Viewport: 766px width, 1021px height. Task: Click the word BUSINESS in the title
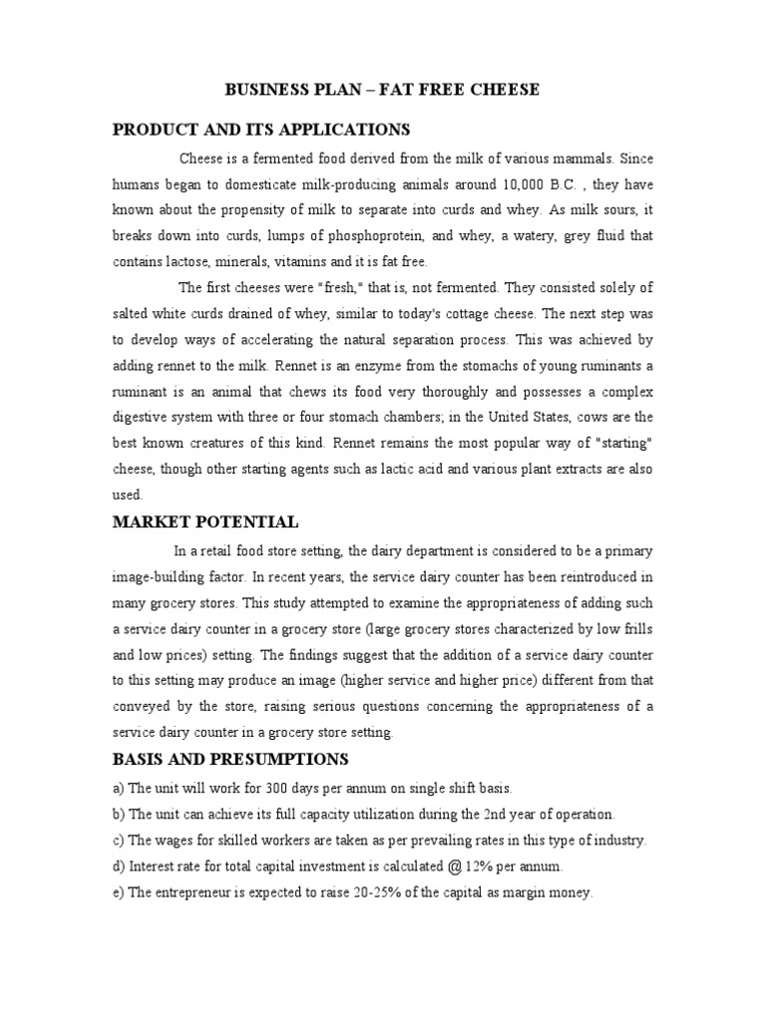point(264,90)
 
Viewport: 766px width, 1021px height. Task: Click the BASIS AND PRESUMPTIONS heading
point(230,760)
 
